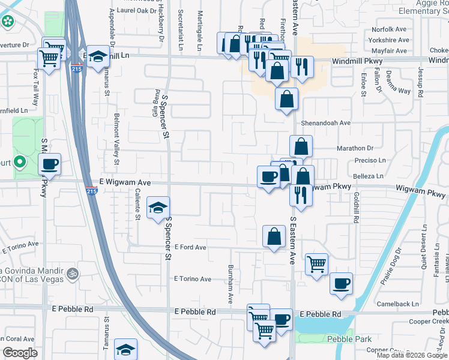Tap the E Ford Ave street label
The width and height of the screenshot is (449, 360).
190,247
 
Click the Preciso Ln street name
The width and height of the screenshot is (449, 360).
369,160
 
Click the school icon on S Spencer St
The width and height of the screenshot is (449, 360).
158,208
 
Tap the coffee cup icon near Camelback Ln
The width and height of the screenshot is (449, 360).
342,283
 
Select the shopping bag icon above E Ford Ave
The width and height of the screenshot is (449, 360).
274,236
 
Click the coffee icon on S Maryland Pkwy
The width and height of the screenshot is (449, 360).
49,163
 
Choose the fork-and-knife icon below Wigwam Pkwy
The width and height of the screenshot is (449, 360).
298,194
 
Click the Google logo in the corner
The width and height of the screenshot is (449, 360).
20,353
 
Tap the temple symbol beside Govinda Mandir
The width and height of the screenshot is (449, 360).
71,274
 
